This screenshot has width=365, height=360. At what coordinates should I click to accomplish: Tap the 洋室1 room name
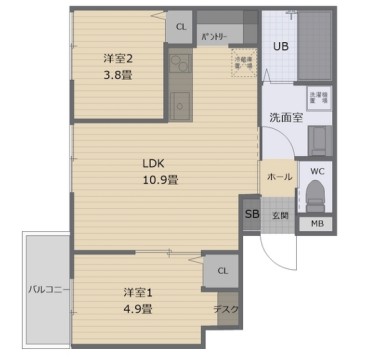[138, 292]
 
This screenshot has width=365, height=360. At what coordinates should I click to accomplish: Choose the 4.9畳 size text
[138, 309]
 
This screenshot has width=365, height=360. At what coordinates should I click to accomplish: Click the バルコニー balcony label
[46, 290]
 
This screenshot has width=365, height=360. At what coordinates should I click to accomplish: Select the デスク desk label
[226, 310]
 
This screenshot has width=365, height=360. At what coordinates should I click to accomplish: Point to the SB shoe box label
[250, 214]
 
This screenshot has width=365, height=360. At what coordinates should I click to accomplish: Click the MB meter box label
[317, 224]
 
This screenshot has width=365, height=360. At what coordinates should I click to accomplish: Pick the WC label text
[317, 171]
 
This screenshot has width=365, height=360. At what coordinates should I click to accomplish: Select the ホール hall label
[279, 177]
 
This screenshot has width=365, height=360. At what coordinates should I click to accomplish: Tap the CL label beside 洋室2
[181, 27]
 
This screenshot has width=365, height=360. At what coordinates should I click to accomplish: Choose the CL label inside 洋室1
[222, 270]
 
